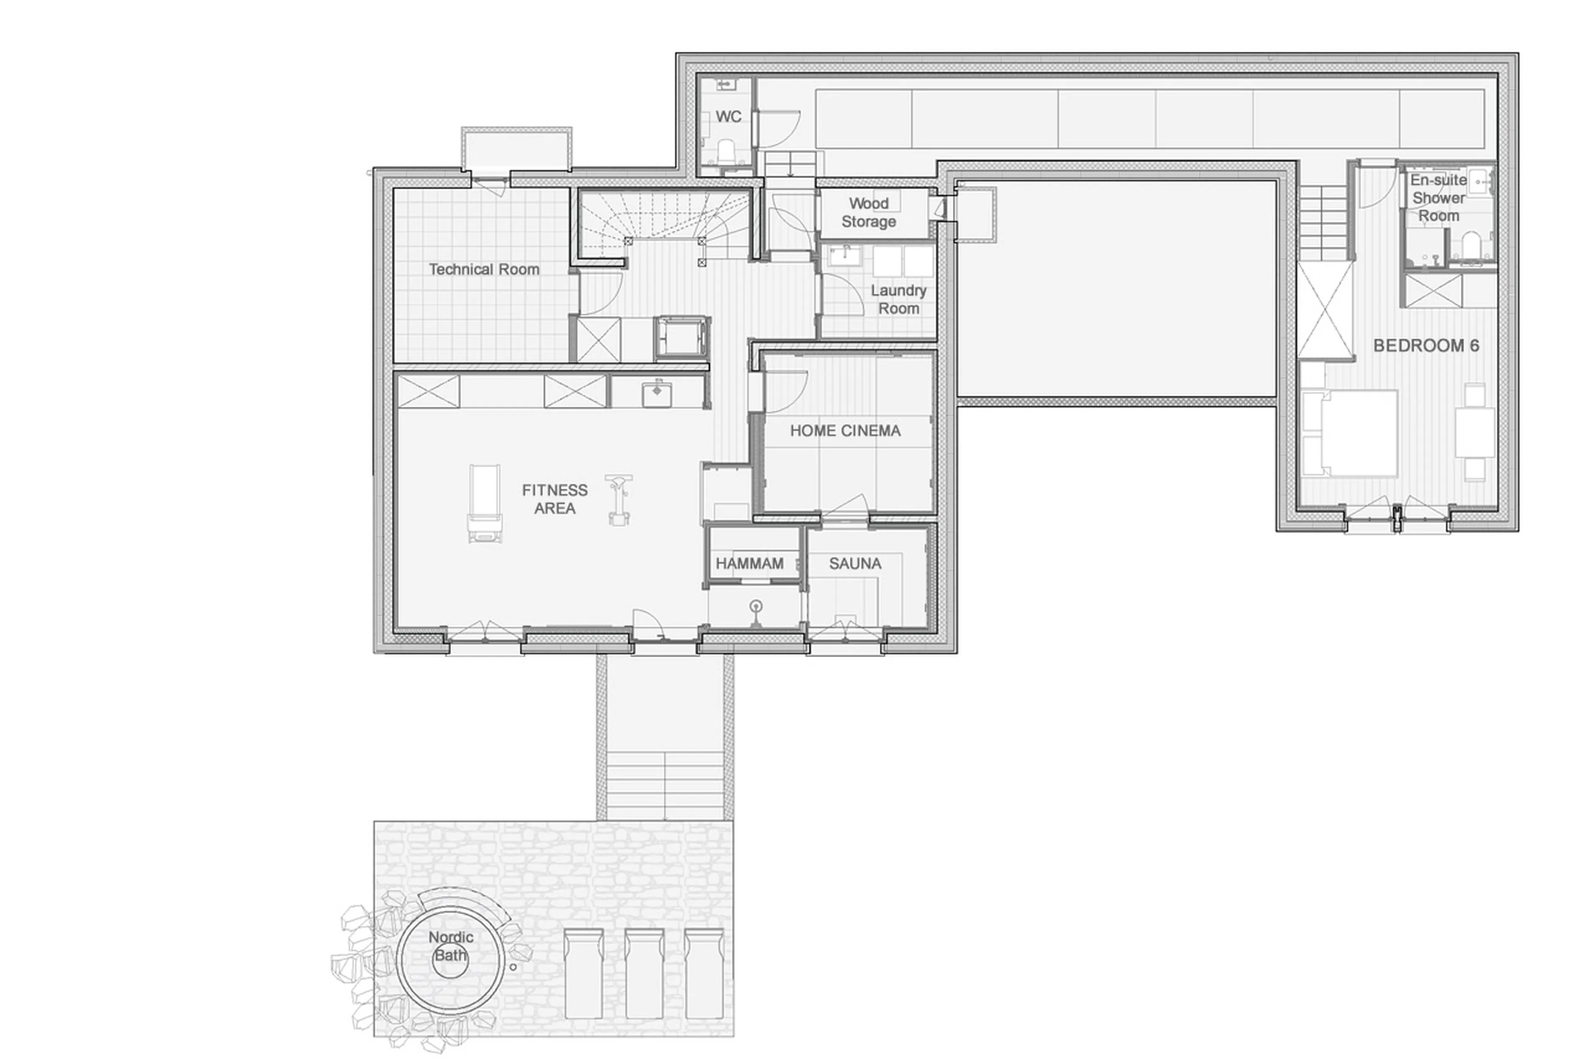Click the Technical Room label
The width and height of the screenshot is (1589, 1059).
(484, 269)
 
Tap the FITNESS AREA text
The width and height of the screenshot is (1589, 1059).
(554, 499)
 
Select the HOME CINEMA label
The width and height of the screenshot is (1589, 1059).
(845, 431)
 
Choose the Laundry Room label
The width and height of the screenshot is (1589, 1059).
(898, 299)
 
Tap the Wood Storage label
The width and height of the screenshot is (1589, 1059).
(869, 212)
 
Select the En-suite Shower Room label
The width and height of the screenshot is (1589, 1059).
(1438, 198)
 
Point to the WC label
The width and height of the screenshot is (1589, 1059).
(728, 117)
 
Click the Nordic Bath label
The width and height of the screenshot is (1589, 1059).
(451, 946)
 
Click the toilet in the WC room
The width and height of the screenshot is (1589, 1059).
(727, 151)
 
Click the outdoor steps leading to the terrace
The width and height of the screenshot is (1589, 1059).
(665, 783)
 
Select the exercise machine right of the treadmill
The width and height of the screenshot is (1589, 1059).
(619, 498)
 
